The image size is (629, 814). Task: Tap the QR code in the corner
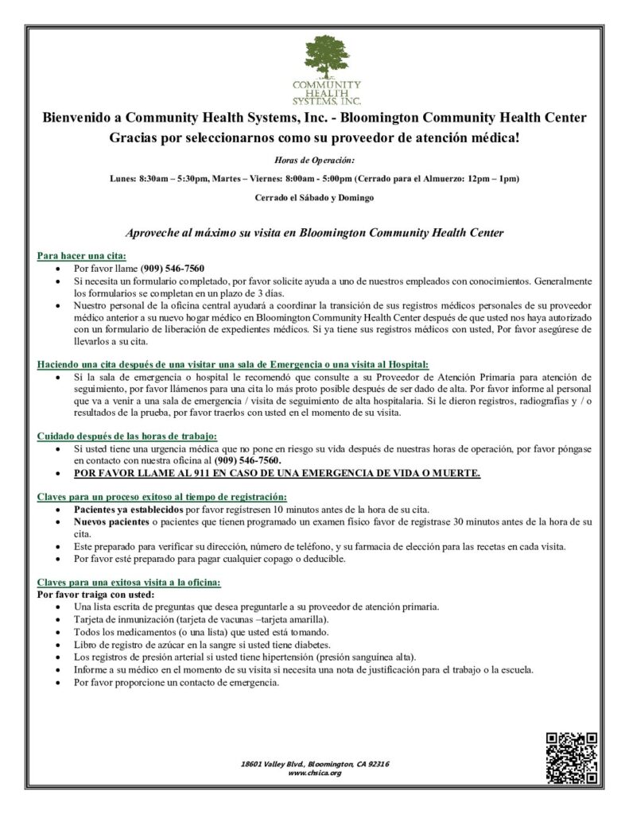(571, 756)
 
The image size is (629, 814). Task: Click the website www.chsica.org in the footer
(314, 773)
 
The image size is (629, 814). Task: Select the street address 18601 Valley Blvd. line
(314, 764)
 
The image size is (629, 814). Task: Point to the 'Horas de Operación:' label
(314, 160)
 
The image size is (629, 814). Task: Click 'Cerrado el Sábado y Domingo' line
(314, 196)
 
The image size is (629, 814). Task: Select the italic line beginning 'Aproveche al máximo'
(314, 233)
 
